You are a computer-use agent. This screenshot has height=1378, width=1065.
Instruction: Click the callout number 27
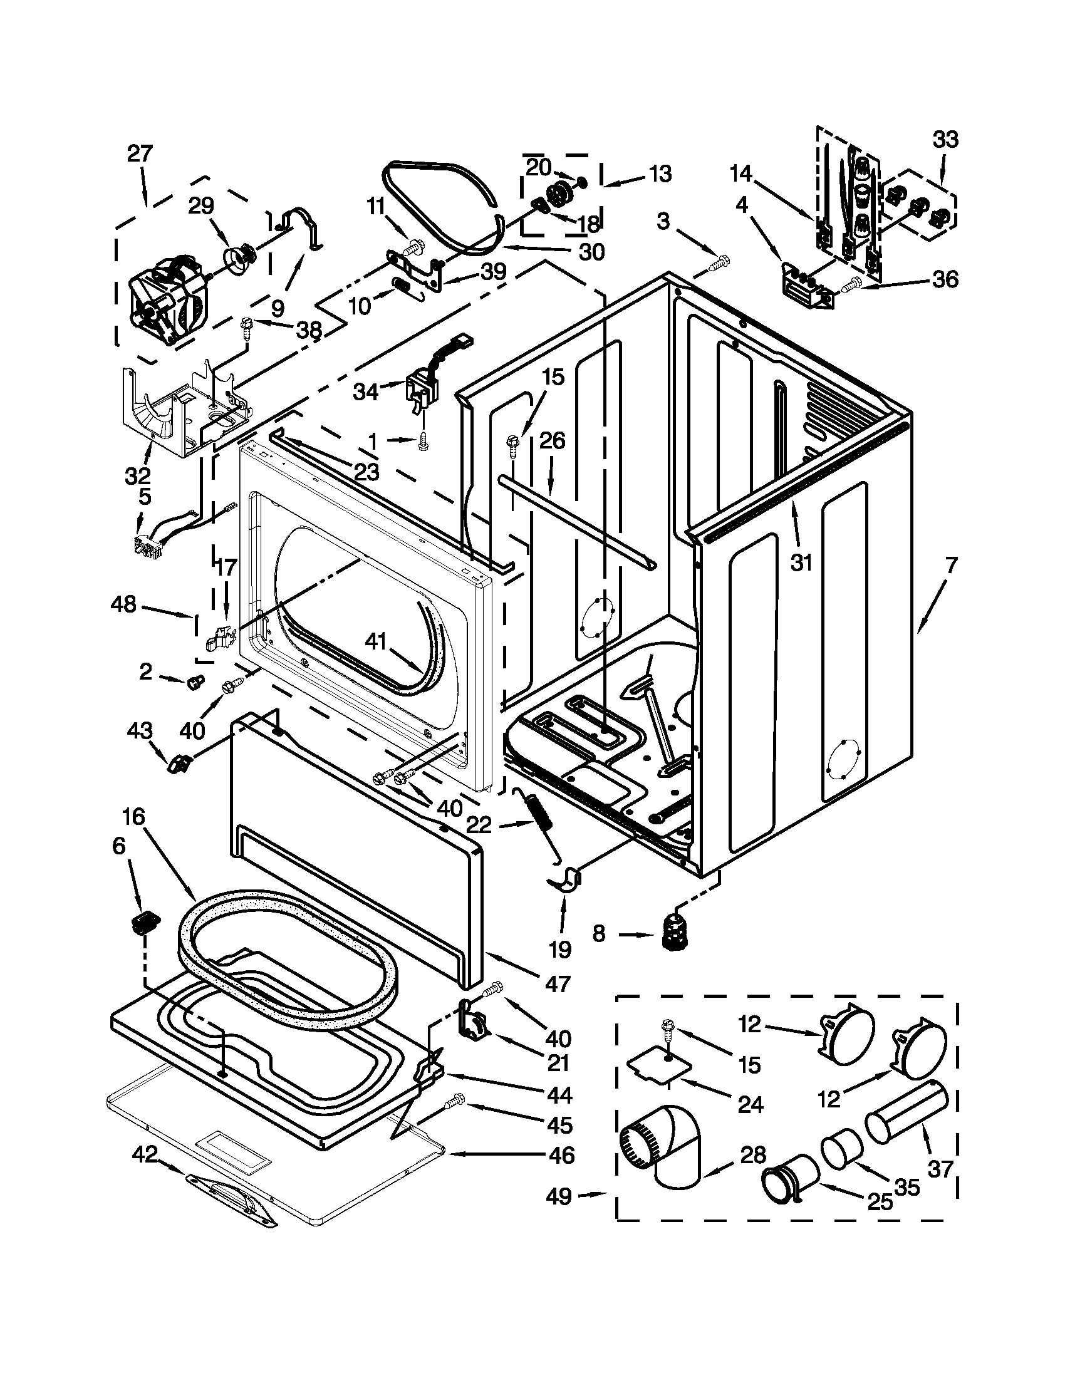140,153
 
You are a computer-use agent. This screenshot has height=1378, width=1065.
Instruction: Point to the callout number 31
801,562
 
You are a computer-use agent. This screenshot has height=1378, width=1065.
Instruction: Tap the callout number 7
951,566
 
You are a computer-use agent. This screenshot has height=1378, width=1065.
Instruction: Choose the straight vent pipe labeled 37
907,1120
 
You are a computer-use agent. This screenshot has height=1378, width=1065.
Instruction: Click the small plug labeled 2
195,681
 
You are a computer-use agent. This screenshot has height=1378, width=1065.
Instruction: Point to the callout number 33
945,139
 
